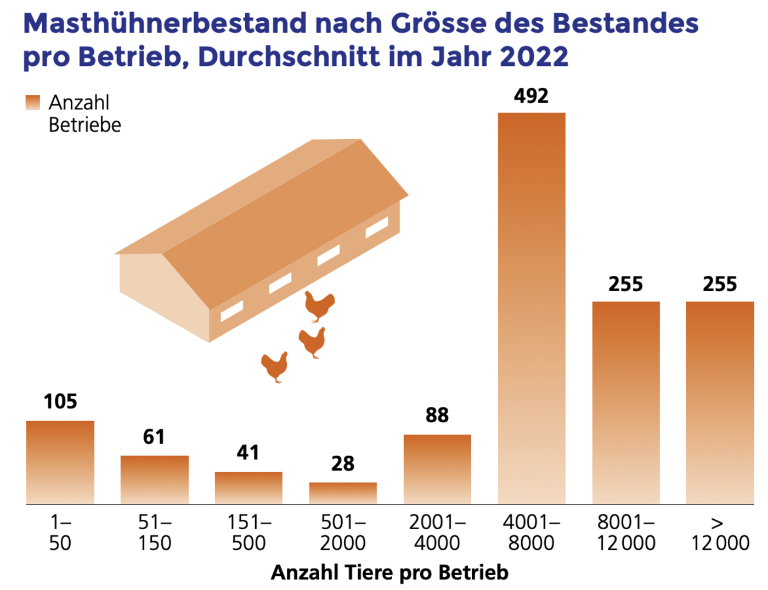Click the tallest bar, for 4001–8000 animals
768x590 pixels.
click(x=531, y=307)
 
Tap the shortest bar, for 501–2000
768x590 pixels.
click(x=343, y=493)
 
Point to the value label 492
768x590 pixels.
click(x=531, y=96)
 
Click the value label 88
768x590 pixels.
click(x=437, y=415)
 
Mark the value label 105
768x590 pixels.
click(x=60, y=401)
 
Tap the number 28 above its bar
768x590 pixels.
click(x=343, y=464)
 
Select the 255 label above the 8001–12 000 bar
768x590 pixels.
click(x=625, y=284)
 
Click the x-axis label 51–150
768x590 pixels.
click(x=155, y=532)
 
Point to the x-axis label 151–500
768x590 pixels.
click(x=249, y=532)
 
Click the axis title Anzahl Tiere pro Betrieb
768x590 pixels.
click(x=389, y=572)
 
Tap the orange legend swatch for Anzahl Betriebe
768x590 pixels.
click(x=33, y=103)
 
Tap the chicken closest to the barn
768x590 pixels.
click(x=319, y=305)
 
